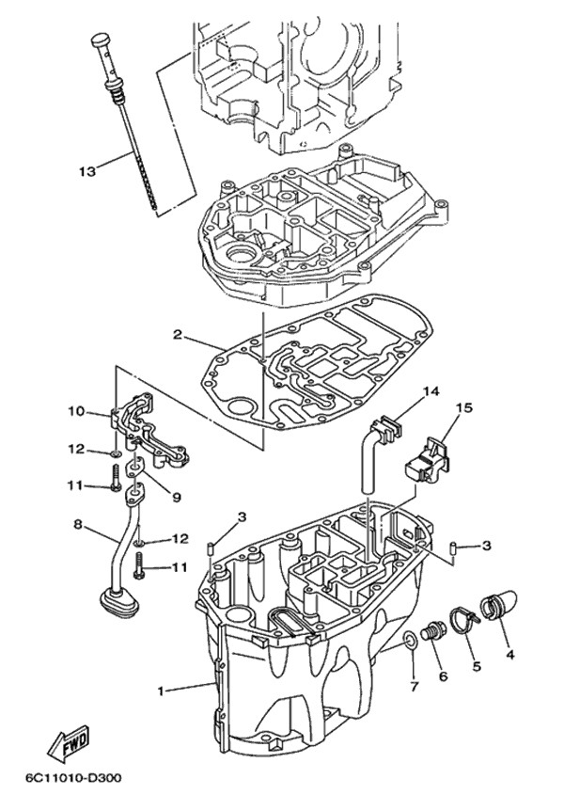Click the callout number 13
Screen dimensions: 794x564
click(x=87, y=171)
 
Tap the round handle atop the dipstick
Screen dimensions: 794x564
click(x=100, y=40)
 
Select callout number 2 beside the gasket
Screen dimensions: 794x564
click(x=177, y=334)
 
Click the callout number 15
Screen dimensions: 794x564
click(x=463, y=407)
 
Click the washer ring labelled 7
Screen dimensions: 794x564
click(x=411, y=643)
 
